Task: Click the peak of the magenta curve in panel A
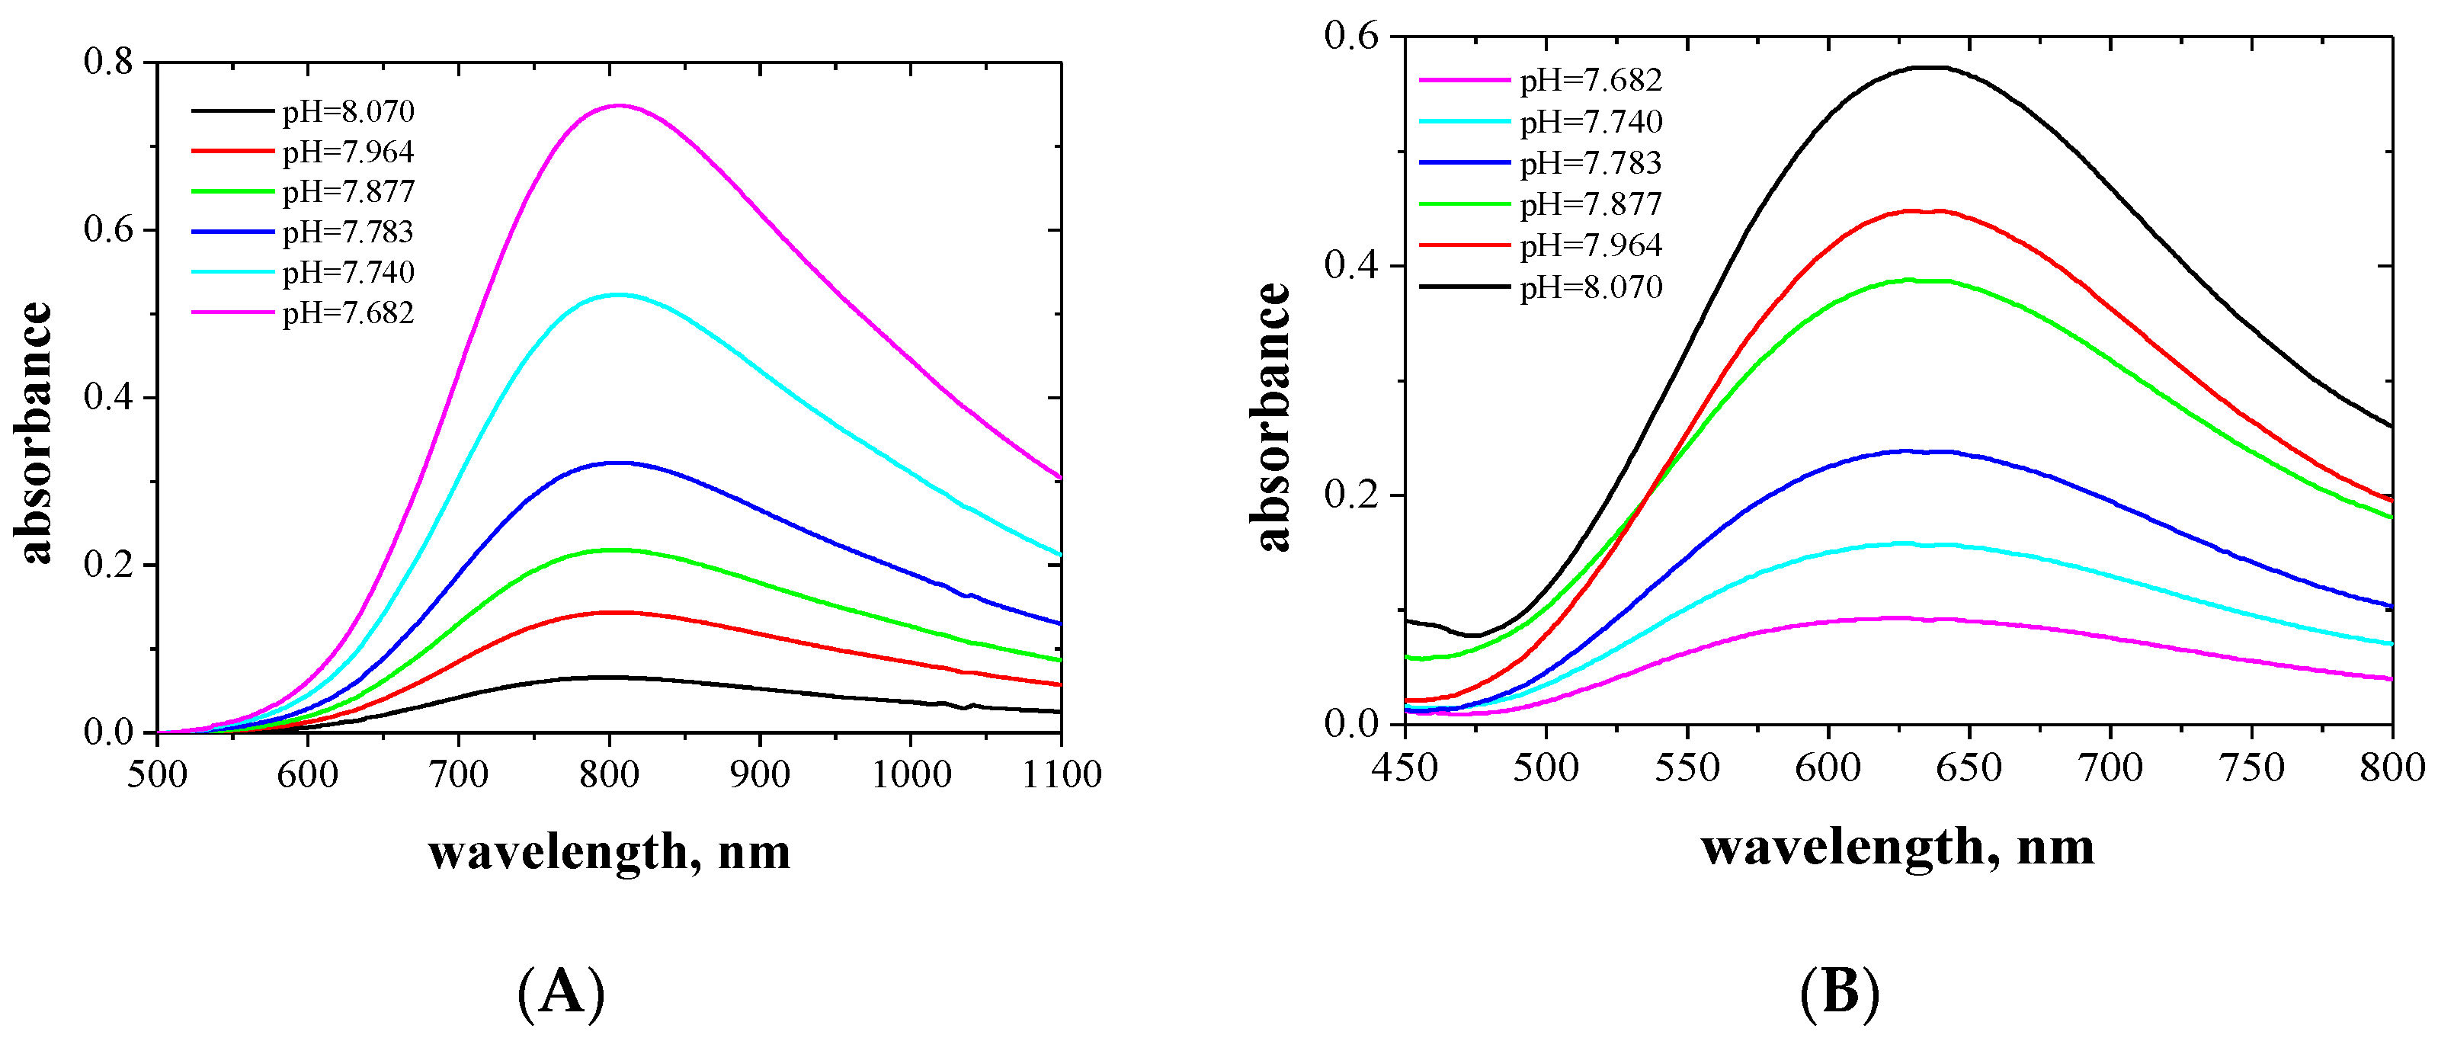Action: click(x=619, y=106)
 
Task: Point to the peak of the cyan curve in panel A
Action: click(x=617, y=294)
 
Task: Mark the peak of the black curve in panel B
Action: click(x=1930, y=67)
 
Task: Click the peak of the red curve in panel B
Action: click(x=1921, y=211)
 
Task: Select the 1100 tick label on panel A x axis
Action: click(x=1061, y=775)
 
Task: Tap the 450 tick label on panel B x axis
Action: click(x=1405, y=767)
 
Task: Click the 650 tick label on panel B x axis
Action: click(x=1969, y=767)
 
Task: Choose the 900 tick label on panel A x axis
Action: click(x=760, y=775)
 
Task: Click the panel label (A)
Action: click(x=561, y=992)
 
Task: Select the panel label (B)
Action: click(x=1838, y=992)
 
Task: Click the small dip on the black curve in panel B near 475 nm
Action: click(x=1475, y=635)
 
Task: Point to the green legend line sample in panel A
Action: click(x=232, y=191)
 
